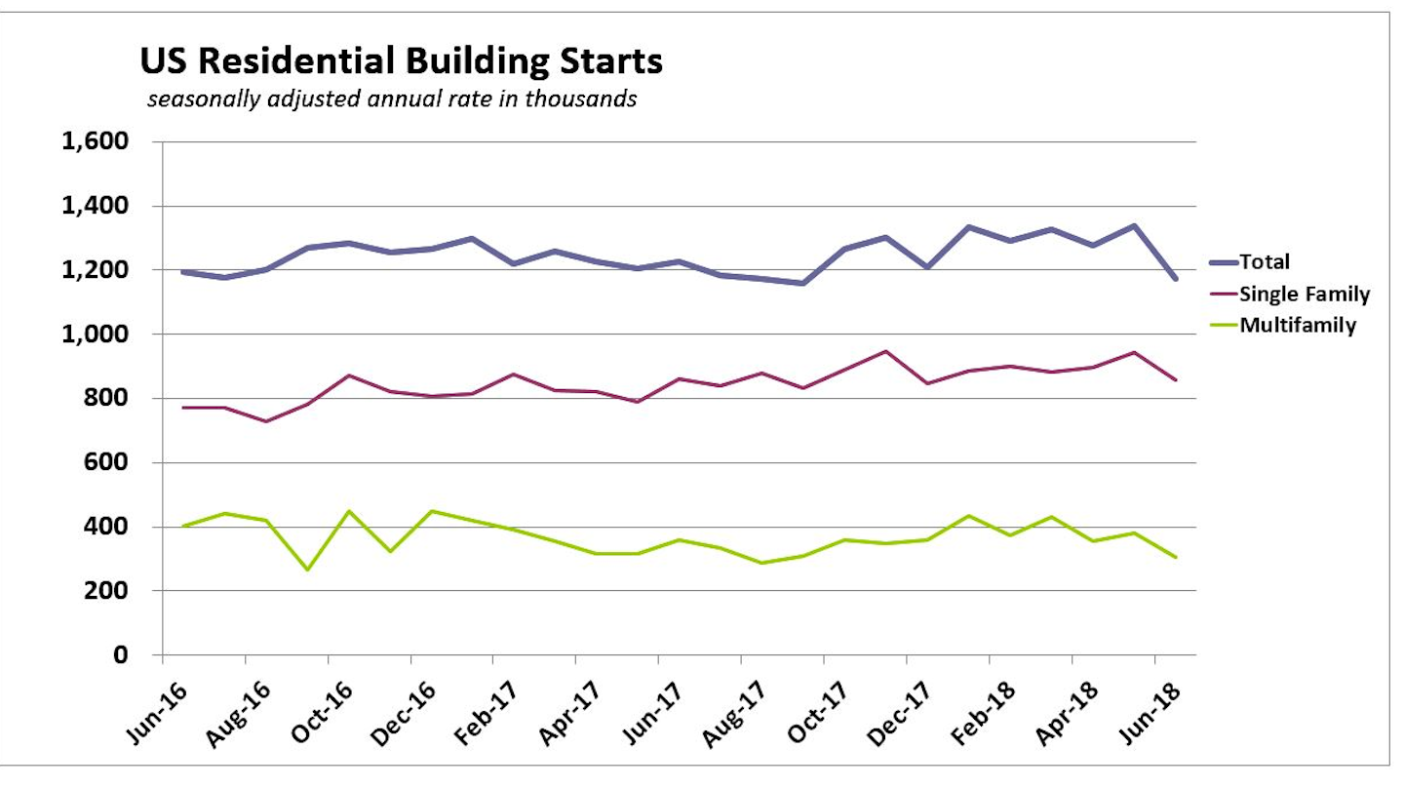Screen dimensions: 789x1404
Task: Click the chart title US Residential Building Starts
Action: point(401,62)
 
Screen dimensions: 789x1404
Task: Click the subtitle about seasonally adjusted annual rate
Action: point(392,99)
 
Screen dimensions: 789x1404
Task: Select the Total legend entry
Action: point(1265,262)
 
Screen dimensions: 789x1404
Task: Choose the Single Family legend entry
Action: point(1305,295)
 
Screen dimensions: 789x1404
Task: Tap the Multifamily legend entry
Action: point(1298,326)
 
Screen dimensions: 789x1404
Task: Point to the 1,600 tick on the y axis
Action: point(95,142)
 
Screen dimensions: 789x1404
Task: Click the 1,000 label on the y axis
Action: point(95,335)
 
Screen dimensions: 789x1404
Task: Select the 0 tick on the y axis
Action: point(122,655)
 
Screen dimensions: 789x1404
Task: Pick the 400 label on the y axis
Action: point(107,527)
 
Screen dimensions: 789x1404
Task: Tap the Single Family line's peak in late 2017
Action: point(885,351)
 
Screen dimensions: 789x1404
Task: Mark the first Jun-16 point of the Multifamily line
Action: point(183,526)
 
